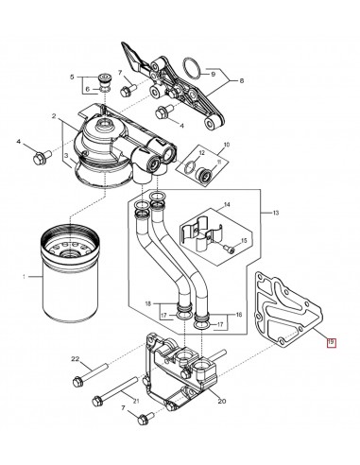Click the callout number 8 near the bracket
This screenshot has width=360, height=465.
click(x=243, y=81)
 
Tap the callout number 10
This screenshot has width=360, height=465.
click(x=225, y=146)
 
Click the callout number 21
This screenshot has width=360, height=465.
click(x=136, y=403)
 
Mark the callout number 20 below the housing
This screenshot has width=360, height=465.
click(x=222, y=402)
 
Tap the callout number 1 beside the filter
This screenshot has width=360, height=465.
click(x=10, y=276)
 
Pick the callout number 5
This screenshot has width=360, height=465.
click(x=71, y=75)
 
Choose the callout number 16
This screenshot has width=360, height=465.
click(x=237, y=314)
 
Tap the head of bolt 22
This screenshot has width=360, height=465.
click(x=76, y=383)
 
